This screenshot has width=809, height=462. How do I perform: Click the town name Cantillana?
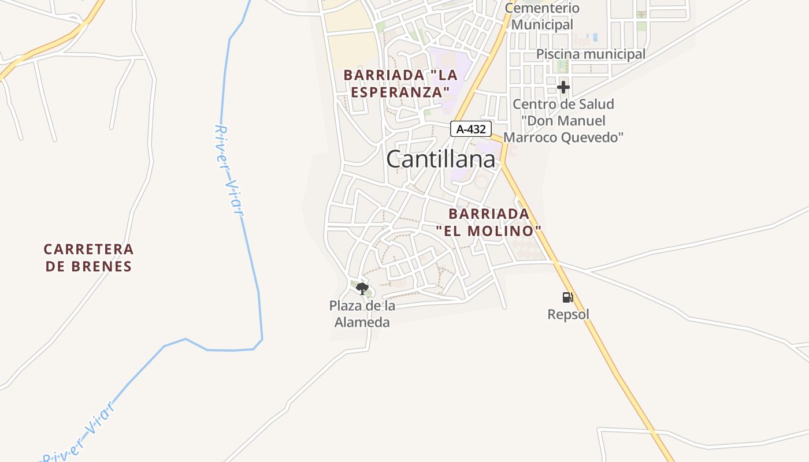[440, 159]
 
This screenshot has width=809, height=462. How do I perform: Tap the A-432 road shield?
[471, 129]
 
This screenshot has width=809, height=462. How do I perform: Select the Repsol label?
[568, 315]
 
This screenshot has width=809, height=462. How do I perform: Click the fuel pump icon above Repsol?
[567, 297]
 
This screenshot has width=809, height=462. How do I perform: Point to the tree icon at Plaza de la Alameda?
[362, 288]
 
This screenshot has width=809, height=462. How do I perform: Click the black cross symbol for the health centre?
[563, 88]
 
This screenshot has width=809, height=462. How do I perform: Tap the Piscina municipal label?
[591, 54]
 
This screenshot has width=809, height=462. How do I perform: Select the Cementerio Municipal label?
[542, 16]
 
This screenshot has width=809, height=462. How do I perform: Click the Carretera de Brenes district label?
[88, 258]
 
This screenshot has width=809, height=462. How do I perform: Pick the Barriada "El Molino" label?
[489, 222]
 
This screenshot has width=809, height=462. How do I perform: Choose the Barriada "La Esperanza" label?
[400, 83]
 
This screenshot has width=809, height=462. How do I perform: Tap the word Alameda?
[362, 322]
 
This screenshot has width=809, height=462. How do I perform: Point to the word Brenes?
[104, 266]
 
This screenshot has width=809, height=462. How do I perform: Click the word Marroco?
[530, 137]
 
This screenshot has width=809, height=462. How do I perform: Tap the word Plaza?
[346, 305]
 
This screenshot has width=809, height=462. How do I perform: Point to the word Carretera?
[88, 249]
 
